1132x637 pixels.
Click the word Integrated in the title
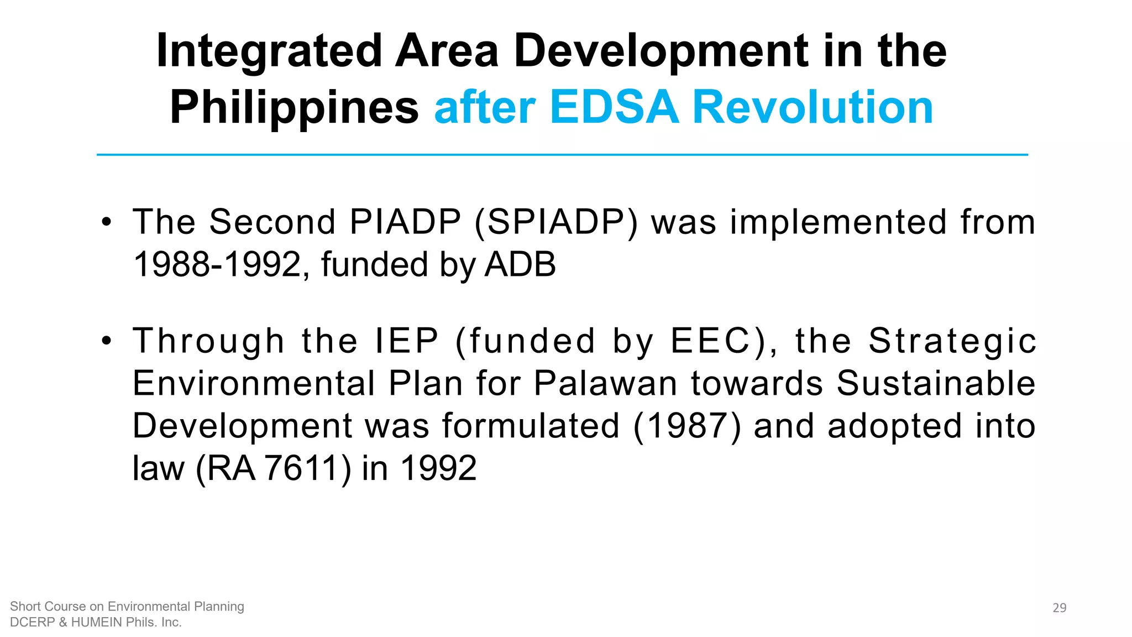(x=269, y=51)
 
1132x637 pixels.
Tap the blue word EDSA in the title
(x=614, y=107)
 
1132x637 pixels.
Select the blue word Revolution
(x=813, y=107)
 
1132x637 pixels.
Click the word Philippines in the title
(x=294, y=107)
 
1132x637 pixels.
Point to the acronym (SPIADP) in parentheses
(x=556, y=222)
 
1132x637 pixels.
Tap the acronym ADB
(x=520, y=264)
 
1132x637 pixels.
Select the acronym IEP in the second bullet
(x=407, y=341)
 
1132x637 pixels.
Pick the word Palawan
(x=605, y=383)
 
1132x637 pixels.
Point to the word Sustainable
(x=936, y=383)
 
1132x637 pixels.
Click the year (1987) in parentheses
(x=687, y=426)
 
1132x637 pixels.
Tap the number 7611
(x=301, y=468)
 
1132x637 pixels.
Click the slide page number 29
(x=1059, y=608)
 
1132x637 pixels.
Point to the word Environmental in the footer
(x=148, y=607)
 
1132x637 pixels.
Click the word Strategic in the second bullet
(x=952, y=341)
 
